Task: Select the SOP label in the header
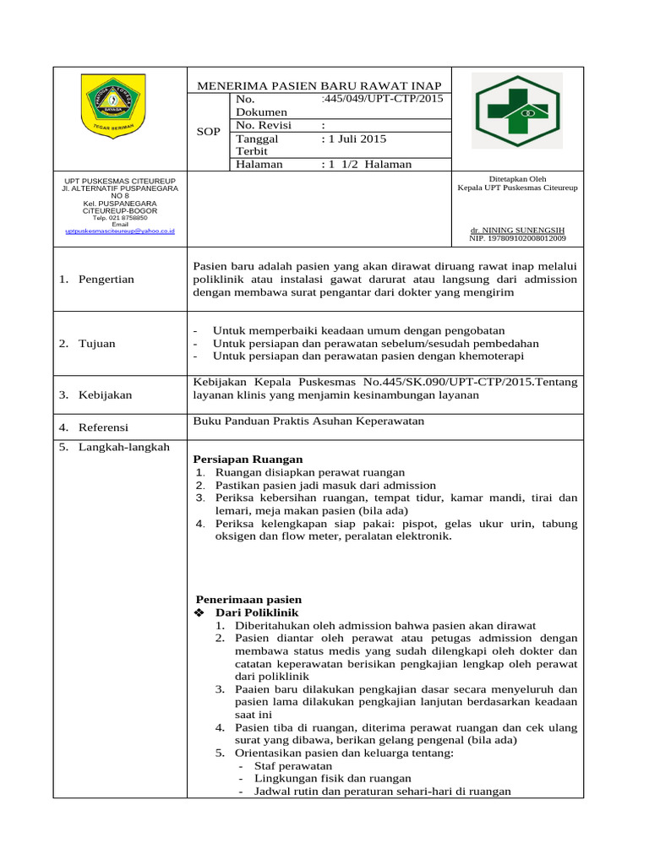208,132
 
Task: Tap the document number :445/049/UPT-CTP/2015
382,100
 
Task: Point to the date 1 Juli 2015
353,139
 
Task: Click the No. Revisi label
264,125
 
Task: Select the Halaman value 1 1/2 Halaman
367,164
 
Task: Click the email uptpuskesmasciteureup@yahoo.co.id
119,230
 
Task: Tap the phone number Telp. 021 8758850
119,217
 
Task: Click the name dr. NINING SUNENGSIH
517,230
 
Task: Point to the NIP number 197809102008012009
517,238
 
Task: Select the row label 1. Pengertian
97,280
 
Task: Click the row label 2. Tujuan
88,344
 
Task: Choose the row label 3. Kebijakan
95,394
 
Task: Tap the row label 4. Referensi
94,427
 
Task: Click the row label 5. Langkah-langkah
115,447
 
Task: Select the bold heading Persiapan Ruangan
248,459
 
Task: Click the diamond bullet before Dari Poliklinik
200,612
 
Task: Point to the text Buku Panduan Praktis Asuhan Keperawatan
308,421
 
